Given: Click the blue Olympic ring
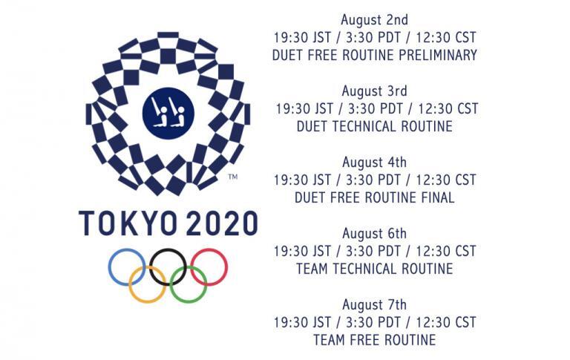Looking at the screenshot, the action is pos(108,267).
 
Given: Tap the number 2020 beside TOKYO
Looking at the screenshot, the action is pos(222,223).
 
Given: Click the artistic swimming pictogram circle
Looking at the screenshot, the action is pos(168,113).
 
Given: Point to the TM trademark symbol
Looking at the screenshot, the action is pos(232,177).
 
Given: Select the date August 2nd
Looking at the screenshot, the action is pos(374,20).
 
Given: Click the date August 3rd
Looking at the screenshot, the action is pos(374,91).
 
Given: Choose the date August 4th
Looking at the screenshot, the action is pos(374,163).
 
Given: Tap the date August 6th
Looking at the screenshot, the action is pos(374,234).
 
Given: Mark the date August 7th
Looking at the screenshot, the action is pos(374,305).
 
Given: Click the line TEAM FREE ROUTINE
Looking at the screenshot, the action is pos(374,341).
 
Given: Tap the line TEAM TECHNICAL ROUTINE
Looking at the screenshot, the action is pos(374,269).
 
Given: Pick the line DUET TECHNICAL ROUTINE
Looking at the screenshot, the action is pos(374,126).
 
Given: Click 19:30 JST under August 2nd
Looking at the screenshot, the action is pos(302,37).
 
